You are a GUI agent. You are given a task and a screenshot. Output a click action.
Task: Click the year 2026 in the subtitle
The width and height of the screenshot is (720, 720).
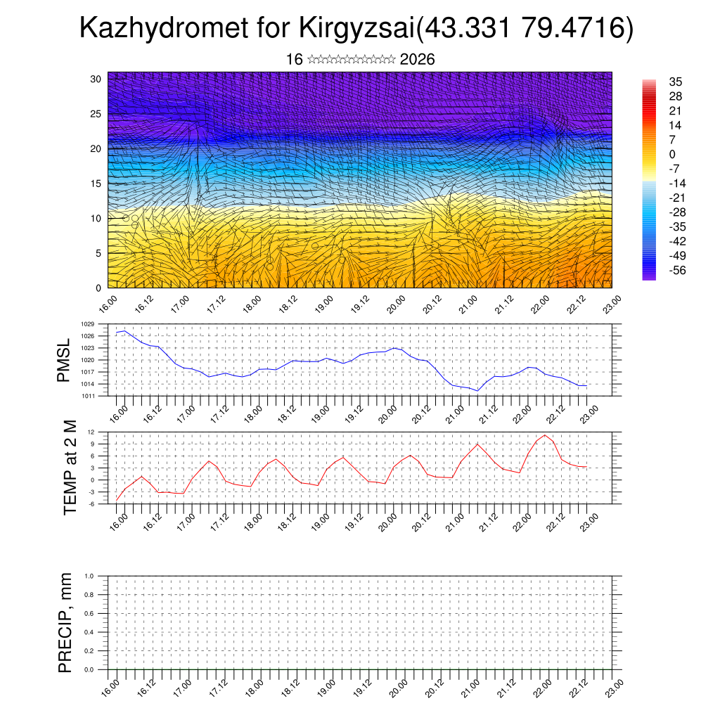(x=417, y=60)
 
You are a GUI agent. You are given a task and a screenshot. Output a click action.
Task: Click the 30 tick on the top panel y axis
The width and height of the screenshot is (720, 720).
(x=96, y=79)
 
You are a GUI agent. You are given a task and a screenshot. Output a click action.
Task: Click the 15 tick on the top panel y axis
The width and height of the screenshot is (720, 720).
(x=96, y=184)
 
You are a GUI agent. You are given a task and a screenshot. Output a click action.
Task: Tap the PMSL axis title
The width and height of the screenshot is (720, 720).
(x=64, y=359)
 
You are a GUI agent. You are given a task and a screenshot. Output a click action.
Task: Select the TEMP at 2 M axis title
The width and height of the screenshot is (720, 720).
(x=69, y=467)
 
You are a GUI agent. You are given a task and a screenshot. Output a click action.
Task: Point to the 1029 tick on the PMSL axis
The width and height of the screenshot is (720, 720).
(x=87, y=324)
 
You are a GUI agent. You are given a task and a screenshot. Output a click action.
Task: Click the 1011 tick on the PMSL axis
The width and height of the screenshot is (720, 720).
(x=87, y=396)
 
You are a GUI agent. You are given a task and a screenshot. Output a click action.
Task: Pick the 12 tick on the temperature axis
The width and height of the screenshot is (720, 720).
(x=91, y=432)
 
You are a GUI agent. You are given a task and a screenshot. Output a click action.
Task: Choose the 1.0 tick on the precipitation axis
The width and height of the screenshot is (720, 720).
(x=89, y=576)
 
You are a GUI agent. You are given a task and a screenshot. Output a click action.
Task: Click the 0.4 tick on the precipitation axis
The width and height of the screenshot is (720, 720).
(x=89, y=632)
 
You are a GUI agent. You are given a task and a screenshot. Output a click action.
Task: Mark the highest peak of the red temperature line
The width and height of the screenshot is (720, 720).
(x=545, y=435)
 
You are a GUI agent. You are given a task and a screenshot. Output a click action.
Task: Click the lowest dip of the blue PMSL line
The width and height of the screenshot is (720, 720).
(x=477, y=391)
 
